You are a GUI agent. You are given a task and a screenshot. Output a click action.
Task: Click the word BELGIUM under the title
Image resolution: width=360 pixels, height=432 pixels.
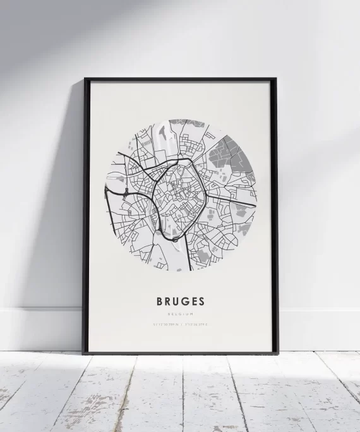180,313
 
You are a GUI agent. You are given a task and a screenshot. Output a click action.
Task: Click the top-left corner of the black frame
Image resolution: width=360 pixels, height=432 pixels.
85,80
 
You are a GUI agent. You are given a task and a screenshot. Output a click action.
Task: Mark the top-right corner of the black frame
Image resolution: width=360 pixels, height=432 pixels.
275,80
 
